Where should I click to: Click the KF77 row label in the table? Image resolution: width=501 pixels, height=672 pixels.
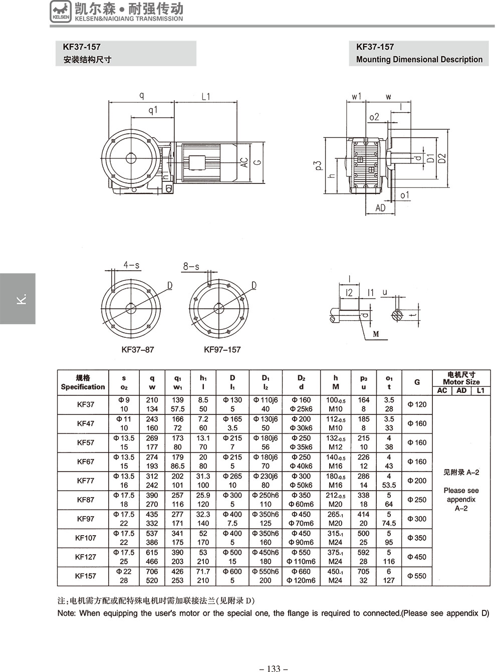pyautogui.click(x=86, y=481)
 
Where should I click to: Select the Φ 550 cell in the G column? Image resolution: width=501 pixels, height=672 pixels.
pyautogui.click(x=416, y=576)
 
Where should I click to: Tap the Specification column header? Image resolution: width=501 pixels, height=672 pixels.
pyautogui.click(x=83, y=382)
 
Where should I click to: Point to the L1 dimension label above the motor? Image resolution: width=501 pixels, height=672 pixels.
pyautogui.click(x=206, y=96)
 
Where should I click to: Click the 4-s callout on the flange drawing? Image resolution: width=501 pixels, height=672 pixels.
pyautogui.click(x=131, y=265)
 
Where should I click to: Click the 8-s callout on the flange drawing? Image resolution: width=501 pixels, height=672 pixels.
pyautogui.click(x=191, y=267)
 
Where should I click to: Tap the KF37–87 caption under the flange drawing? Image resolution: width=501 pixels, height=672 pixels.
pyautogui.click(x=138, y=349)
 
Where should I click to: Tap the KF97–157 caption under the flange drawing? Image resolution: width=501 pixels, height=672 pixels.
pyautogui.click(x=222, y=349)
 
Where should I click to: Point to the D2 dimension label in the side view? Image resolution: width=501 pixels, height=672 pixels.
pyautogui.click(x=441, y=158)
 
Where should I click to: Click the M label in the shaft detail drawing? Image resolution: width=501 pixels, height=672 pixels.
pyautogui.click(x=376, y=333)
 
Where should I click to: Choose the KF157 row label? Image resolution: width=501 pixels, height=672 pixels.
pyautogui.click(x=86, y=576)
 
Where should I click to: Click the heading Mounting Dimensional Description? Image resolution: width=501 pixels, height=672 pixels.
pyautogui.click(x=419, y=59)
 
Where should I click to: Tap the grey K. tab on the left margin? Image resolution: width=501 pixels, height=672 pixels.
pyautogui.click(x=18, y=299)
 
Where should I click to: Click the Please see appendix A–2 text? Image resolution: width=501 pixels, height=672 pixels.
pyautogui.click(x=461, y=499)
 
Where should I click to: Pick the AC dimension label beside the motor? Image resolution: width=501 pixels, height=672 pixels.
pyautogui.click(x=244, y=162)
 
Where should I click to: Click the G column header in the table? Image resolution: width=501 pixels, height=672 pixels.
pyautogui.click(x=417, y=382)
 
